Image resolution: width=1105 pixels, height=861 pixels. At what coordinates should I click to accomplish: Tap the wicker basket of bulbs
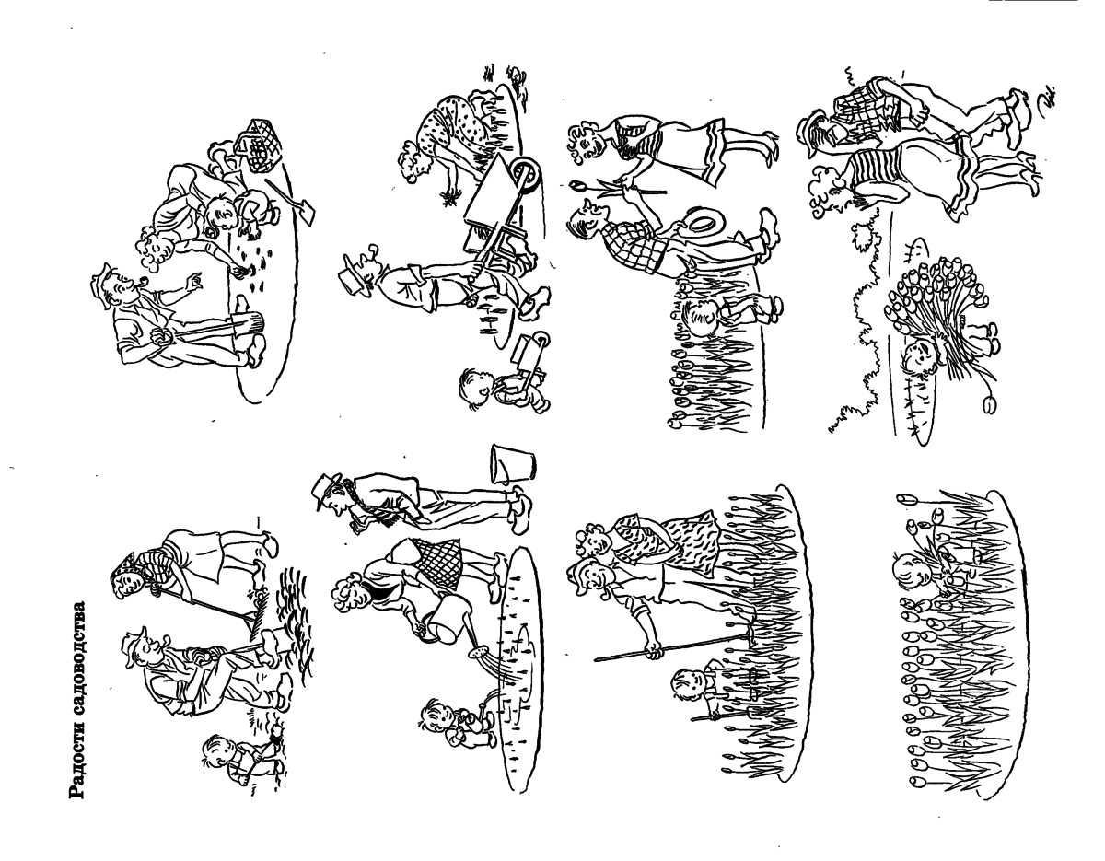tap(260, 146)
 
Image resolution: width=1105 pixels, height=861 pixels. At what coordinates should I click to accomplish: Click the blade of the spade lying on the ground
tap(305, 215)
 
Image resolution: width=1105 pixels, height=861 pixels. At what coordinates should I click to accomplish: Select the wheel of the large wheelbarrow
tap(526, 176)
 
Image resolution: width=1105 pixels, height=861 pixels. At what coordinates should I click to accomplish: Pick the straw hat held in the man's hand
tap(704, 224)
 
